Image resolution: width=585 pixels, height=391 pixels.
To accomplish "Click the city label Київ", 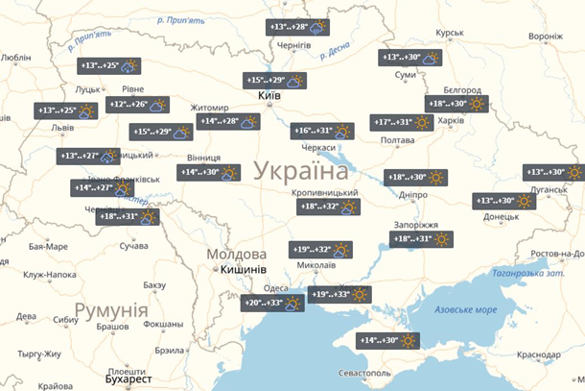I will tap(269, 97).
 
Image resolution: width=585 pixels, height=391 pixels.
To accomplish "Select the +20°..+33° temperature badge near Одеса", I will tap(272, 304).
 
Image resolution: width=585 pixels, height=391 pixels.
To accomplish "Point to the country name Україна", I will tap(300, 172).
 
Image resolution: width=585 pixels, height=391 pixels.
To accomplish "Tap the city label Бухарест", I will tap(129, 379).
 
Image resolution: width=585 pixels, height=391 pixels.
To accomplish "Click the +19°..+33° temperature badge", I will tap(341, 295).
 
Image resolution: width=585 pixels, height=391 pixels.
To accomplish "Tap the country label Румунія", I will tap(111, 311).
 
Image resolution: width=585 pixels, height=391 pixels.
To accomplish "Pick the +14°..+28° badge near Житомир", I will tap(229, 122).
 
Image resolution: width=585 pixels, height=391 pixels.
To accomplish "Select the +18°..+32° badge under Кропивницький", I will tap(328, 207).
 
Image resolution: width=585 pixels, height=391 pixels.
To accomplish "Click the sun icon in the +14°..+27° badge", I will tap(125, 188).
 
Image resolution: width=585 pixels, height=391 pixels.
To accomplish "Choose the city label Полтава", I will tap(397, 141).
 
